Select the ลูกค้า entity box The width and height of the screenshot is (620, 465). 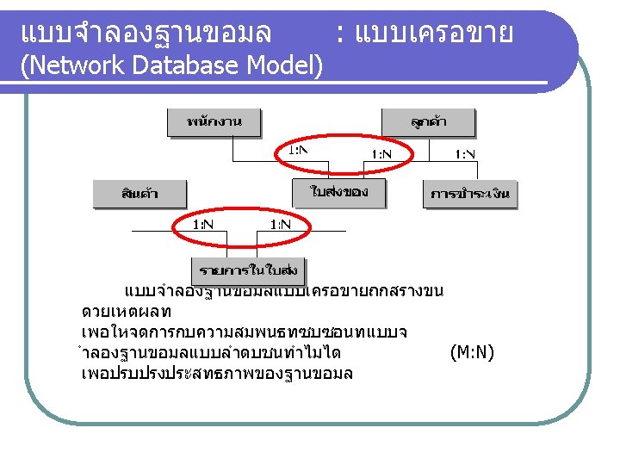[x=428, y=122]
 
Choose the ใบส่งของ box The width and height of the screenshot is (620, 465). [x=339, y=193]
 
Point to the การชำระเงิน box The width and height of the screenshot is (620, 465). [x=470, y=195]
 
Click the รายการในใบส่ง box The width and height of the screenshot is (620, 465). [x=249, y=270]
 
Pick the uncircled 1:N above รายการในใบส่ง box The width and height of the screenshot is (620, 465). [x=280, y=224]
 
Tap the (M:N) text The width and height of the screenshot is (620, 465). [x=472, y=352]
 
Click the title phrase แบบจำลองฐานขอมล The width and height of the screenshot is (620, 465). [x=146, y=33]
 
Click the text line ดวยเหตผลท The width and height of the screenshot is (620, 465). [x=127, y=311]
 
